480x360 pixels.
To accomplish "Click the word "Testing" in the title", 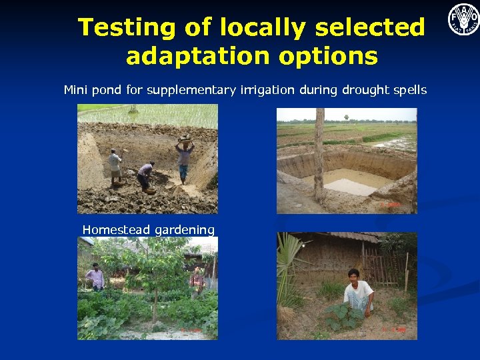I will tap(117, 28).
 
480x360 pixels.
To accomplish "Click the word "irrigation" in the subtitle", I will tap(266, 89).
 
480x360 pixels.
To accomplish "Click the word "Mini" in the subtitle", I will tap(75, 89).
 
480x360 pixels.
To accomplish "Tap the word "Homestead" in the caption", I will tap(116, 230).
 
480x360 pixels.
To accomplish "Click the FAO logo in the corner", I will tap(463, 19).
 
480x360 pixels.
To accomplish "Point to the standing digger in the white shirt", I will tap(115, 165).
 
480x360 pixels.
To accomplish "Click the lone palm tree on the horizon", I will tap(347, 119).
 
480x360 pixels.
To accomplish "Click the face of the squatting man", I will tap(353, 275).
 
